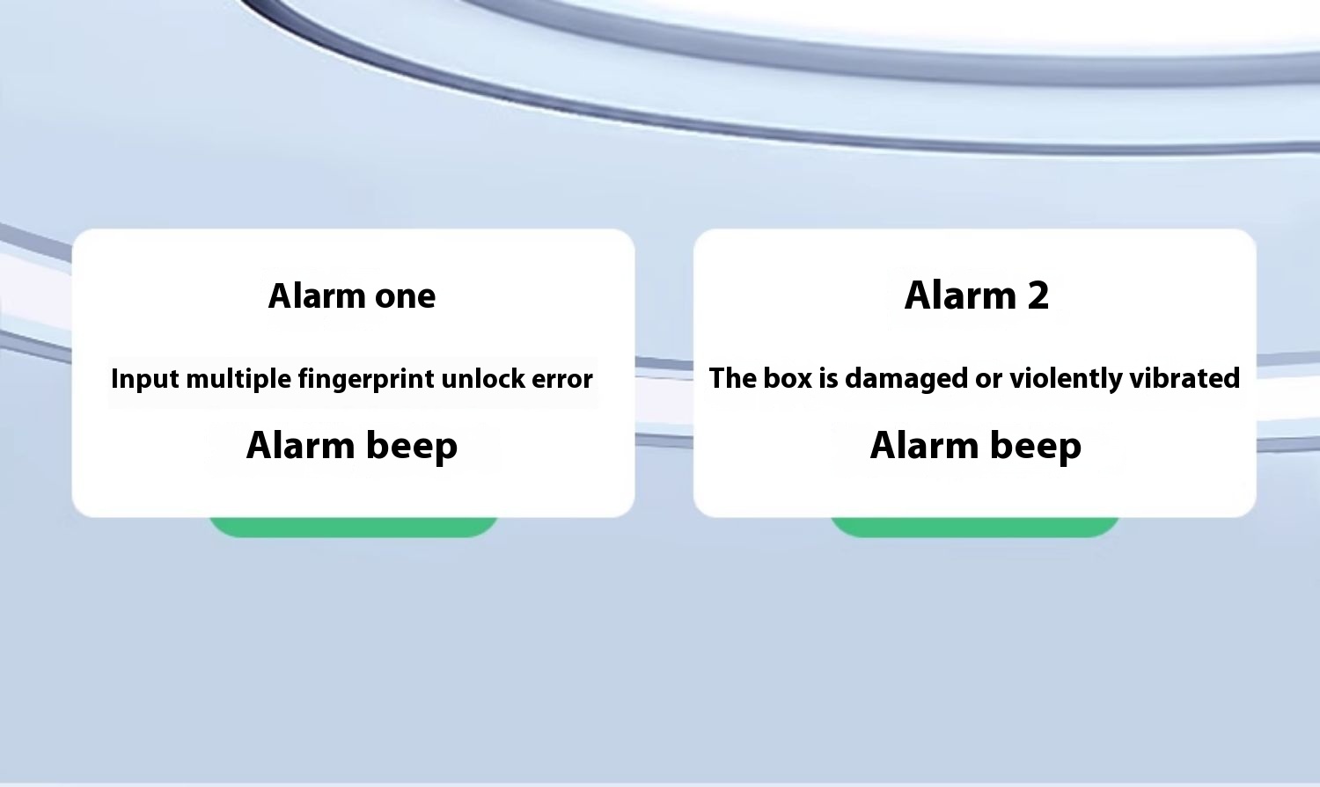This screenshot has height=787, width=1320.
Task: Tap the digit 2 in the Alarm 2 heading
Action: pyautogui.click(x=1038, y=295)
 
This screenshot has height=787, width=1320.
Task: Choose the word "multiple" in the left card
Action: pyautogui.click(x=238, y=379)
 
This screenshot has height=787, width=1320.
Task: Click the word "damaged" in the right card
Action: pyautogui.click(x=906, y=379)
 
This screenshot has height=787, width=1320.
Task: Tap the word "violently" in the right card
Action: pyautogui.click(x=1066, y=379)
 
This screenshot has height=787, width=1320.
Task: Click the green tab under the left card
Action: pyautogui.click(x=354, y=527)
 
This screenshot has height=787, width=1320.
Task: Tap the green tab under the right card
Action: pyautogui.click(x=975, y=527)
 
